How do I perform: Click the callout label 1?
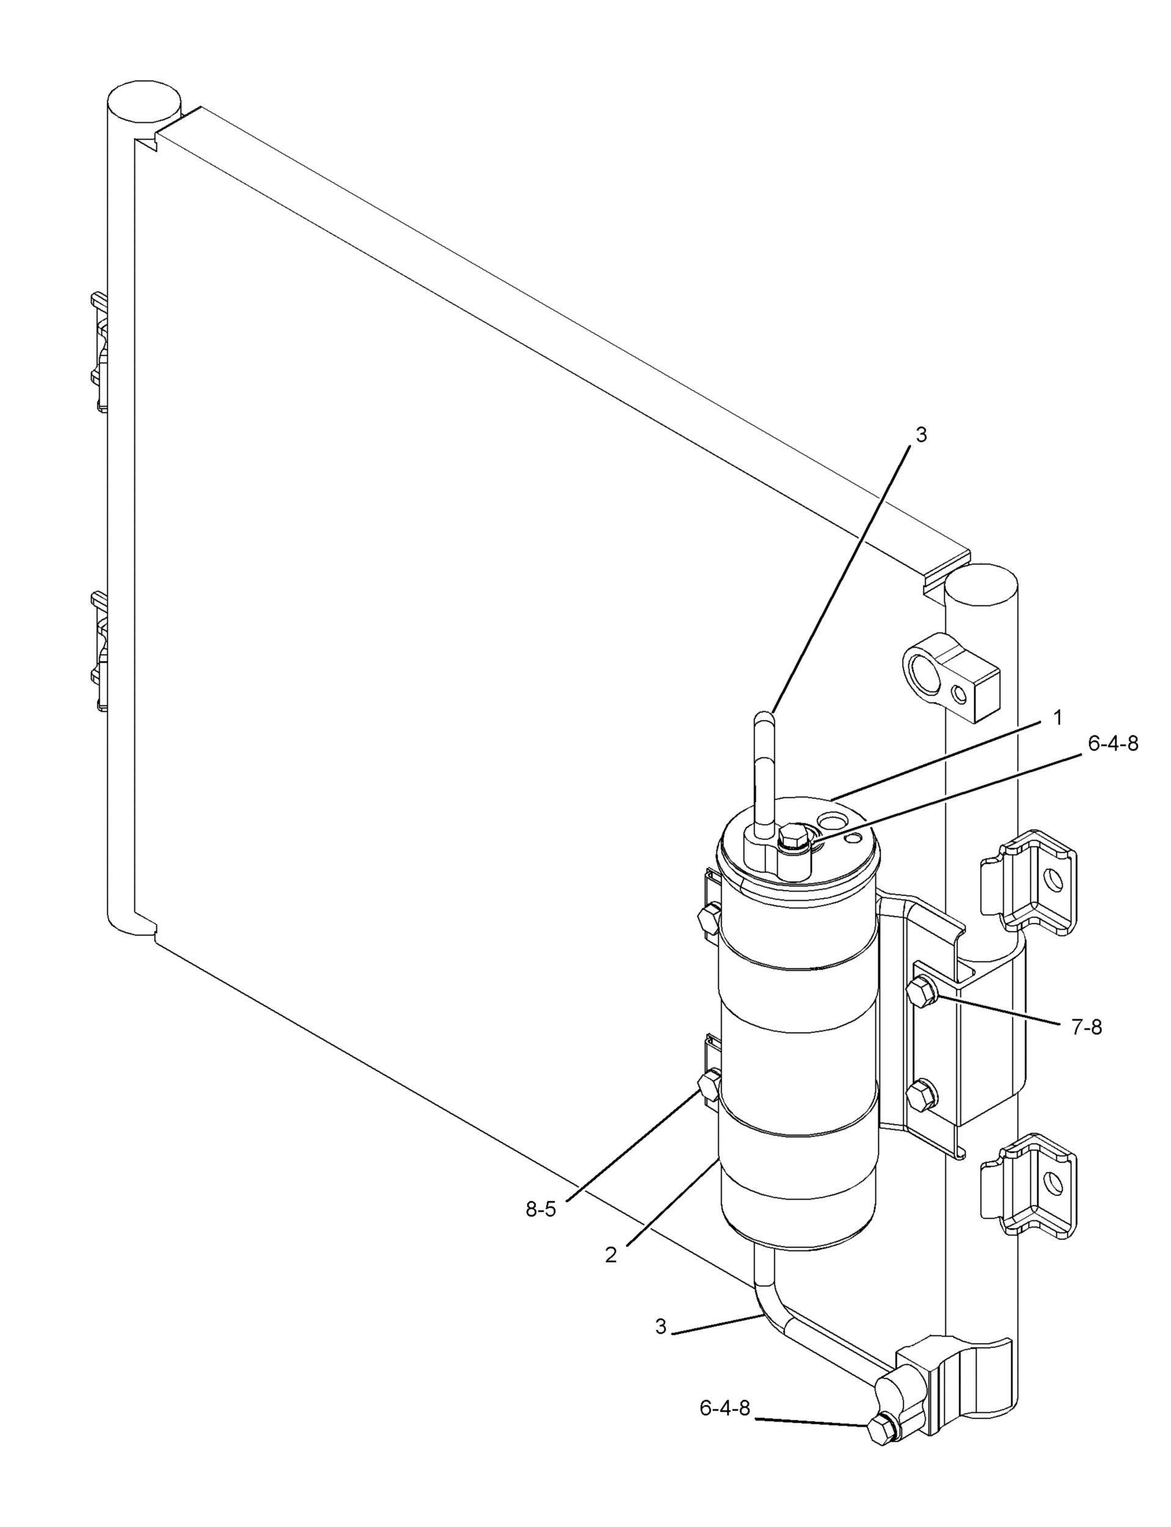pyautogui.click(x=1057, y=718)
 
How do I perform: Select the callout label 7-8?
pyautogui.click(x=1087, y=1027)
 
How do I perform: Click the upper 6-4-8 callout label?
pyautogui.click(x=1113, y=743)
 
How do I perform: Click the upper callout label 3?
pyautogui.click(x=921, y=435)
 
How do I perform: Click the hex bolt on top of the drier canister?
pyautogui.click(x=792, y=834)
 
